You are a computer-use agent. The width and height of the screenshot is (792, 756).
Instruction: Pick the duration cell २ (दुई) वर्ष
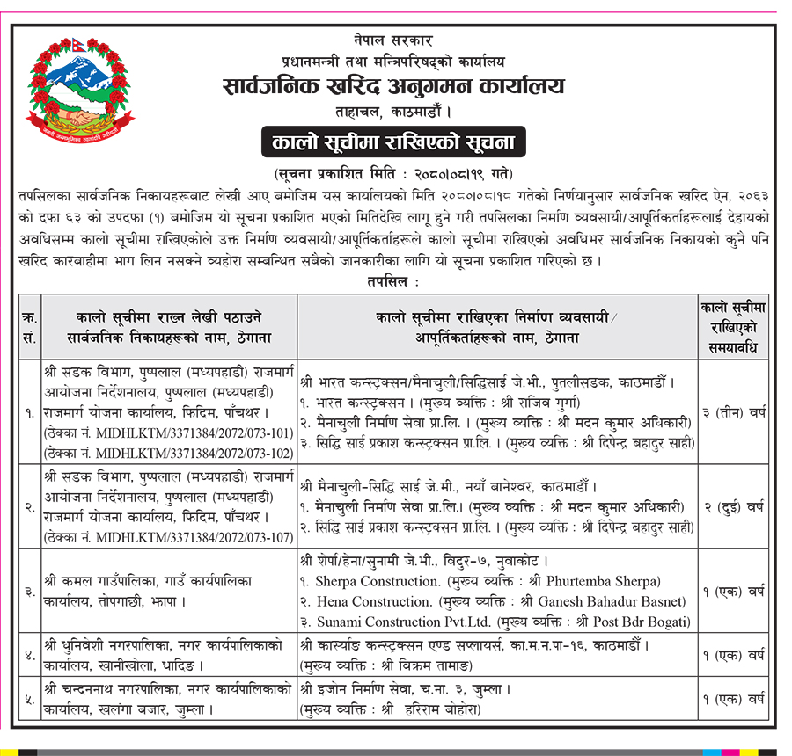[734, 506]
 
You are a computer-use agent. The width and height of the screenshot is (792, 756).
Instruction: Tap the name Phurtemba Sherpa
[600, 581]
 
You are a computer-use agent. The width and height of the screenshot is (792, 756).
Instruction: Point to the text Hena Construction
[373, 601]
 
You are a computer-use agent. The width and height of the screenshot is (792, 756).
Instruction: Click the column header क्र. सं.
[28, 325]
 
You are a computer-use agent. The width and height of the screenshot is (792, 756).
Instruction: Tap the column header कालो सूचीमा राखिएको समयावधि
[734, 326]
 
